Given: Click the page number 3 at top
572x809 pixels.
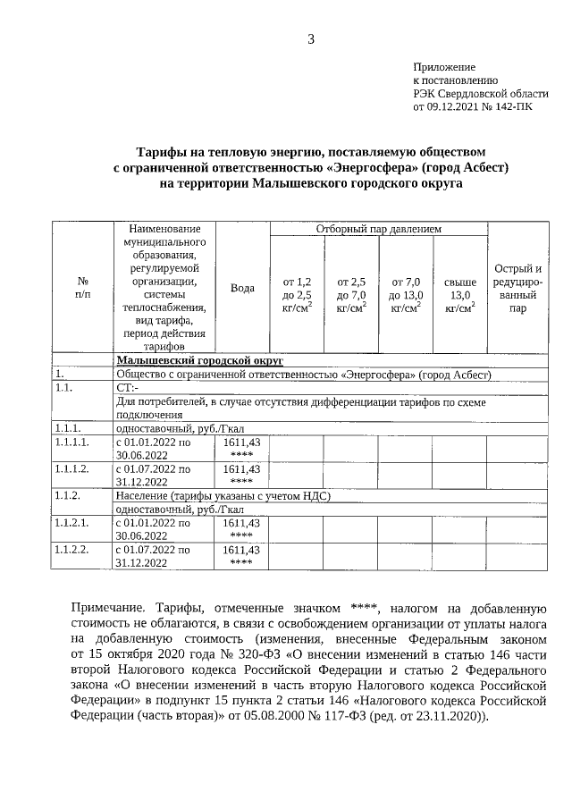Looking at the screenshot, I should click(x=311, y=38).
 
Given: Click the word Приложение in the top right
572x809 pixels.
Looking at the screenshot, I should click(x=443, y=67).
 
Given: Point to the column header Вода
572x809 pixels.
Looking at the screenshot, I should click(x=243, y=288).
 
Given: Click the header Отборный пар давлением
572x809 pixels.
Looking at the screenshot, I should click(x=379, y=230).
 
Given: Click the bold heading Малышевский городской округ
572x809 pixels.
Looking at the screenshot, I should click(x=199, y=359).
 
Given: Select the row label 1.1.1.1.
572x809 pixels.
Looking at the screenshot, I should click(x=72, y=442).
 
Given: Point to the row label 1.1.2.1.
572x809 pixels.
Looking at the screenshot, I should click(x=72, y=522).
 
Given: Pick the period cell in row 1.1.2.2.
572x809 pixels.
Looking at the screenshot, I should click(x=153, y=555).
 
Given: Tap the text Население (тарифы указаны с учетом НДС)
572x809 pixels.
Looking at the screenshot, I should click(x=223, y=495).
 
